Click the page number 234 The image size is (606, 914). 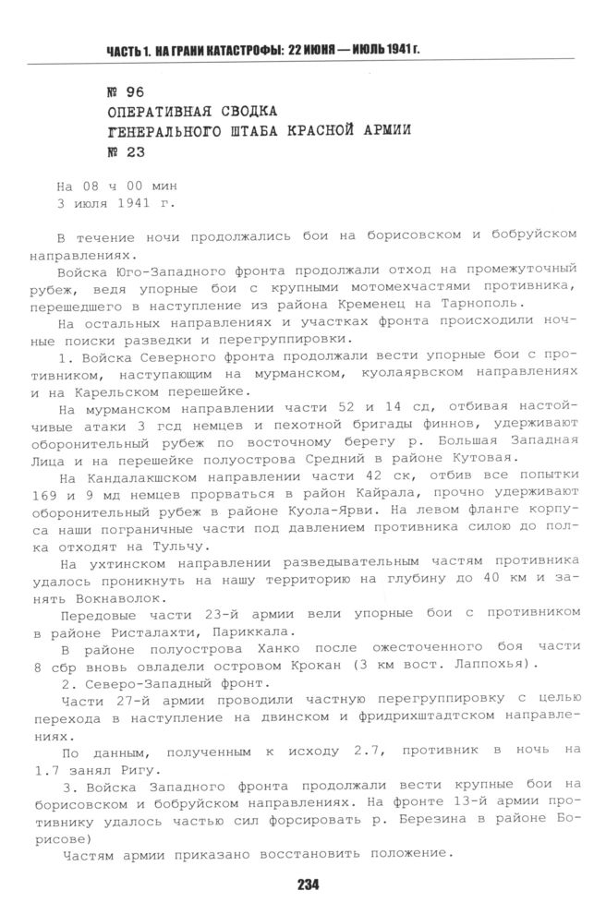pyautogui.click(x=308, y=884)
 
